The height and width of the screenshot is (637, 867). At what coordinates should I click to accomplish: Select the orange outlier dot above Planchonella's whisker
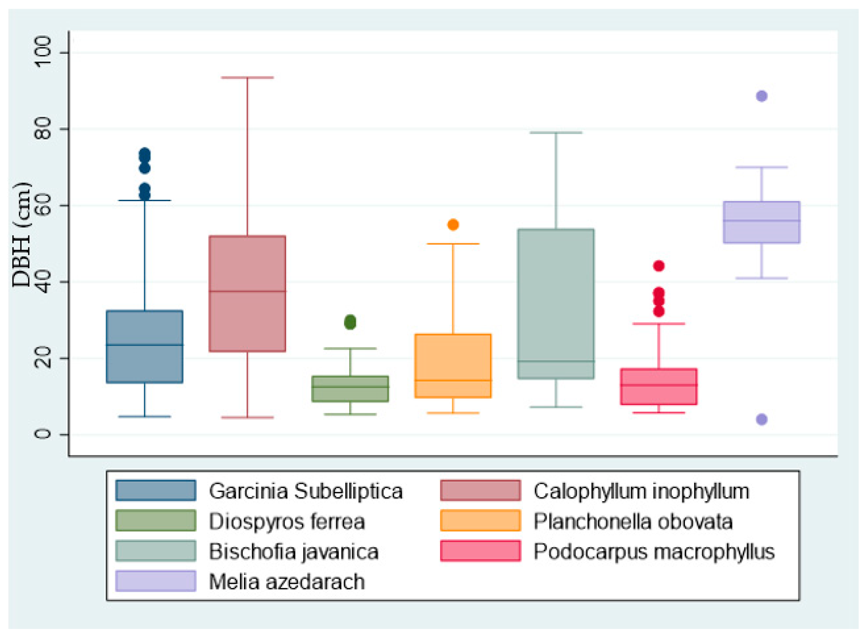(453, 224)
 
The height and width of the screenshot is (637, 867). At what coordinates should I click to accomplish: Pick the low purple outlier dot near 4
(761, 419)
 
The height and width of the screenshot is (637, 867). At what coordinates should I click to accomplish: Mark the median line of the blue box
(145, 345)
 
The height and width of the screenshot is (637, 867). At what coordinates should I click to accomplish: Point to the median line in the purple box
(761, 221)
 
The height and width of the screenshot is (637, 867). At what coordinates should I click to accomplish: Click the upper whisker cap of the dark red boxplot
(247, 78)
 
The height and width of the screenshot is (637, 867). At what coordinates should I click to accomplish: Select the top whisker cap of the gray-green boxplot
(556, 133)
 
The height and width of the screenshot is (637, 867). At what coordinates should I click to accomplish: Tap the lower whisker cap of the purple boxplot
(761, 278)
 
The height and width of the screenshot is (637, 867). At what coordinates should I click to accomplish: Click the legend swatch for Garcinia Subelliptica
(156, 491)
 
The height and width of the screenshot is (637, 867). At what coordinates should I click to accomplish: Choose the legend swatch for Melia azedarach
(156, 581)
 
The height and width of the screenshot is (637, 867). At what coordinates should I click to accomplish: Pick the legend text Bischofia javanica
(293, 552)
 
